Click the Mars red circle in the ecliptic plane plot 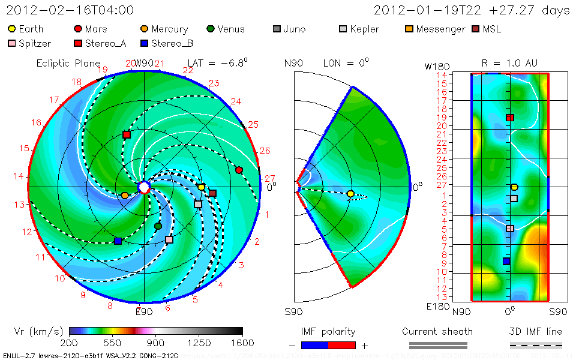pos(239,170)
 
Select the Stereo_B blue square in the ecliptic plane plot pos(118,241)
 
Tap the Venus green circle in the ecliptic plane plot pos(158,226)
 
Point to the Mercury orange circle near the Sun pos(125,195)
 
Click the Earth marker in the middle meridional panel pos(350,194)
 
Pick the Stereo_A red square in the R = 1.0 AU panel pos(509,118)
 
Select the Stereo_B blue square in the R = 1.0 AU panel pos(506,261)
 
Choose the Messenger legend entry pos(435,29)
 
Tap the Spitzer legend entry pos(29,43)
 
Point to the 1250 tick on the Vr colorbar pos(199,331)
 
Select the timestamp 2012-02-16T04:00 pos(70,10)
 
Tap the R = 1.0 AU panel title pos(509,63)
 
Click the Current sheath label pos(437,331)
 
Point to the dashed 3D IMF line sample pos(536,345)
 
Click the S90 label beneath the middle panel pos(294,312)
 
